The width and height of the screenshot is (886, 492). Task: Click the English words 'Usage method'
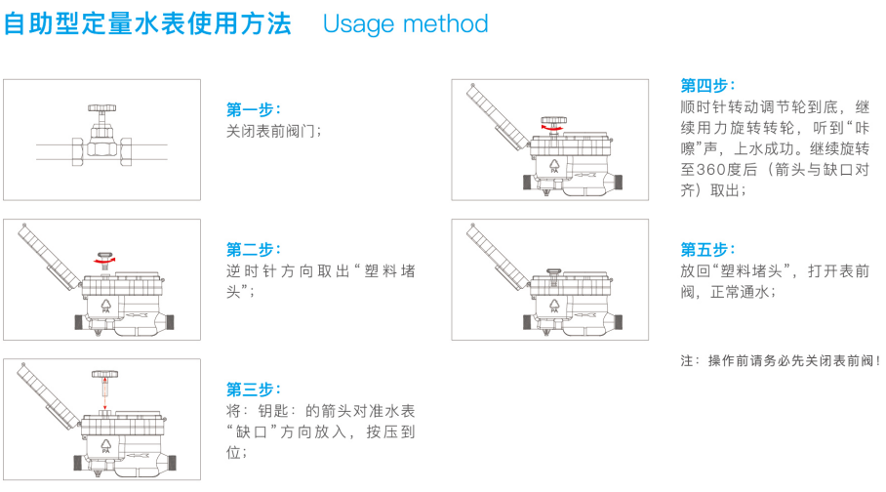(x=405, y=24)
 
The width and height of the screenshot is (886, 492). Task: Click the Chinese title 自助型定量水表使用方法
(x=147, y=23)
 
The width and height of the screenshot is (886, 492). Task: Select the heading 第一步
(x=253, y=109)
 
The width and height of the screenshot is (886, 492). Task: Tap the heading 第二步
(x=253, y=249)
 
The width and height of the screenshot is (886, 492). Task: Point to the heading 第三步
(x=253, y=389)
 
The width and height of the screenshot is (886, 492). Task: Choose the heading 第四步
(x=707, y=85)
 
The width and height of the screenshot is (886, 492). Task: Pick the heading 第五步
(x=707, y=249)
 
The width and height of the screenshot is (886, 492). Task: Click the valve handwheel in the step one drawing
(x=101, y=107)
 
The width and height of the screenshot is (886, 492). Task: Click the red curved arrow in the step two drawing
(x=104, y=262)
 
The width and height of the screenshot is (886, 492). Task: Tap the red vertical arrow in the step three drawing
(x=104, y=394)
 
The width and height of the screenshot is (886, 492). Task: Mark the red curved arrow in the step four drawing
(x=552, y=130)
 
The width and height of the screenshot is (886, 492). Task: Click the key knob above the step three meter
(x=105, y=375)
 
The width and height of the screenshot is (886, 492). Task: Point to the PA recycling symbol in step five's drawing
(x=554, y=307)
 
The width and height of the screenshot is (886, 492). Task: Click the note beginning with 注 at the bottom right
(x=781, y=360)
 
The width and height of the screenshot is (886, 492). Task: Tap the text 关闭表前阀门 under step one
(x=273, y=131)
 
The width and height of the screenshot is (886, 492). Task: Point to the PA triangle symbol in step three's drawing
(x=105, y=446)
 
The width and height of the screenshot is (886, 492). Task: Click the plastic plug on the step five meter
(x=554, y=273)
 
